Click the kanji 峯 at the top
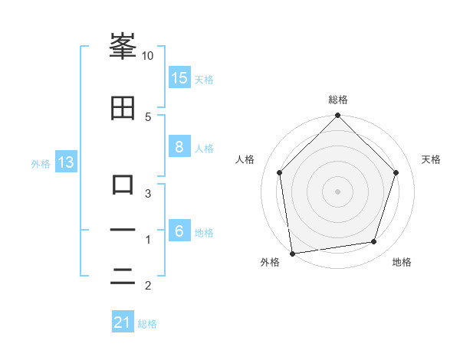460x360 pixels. tap(123, 47)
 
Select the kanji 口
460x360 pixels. tap(123, 185)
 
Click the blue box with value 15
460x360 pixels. tap(179, 78)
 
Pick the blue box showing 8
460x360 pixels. tap(179, 148)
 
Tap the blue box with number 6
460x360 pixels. tap(179, 232)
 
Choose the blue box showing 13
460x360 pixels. tap(65, 162)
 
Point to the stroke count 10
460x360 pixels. tap(147, 56)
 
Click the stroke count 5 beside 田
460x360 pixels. tap(147, 116)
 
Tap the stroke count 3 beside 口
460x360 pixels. tap(147, 193)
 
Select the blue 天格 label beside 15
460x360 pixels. tap(204, 79)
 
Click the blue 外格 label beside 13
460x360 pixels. tap(41, 163)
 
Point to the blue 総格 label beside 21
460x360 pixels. tap(147, 324)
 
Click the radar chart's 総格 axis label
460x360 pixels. tap(338, 100)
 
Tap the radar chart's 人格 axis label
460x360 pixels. tap(245, 159)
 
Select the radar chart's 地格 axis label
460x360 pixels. tap(402, 263)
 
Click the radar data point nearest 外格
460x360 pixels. tap(292, 253)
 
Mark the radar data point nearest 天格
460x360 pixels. tap(396, 172)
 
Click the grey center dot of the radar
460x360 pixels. tap(337, 191)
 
